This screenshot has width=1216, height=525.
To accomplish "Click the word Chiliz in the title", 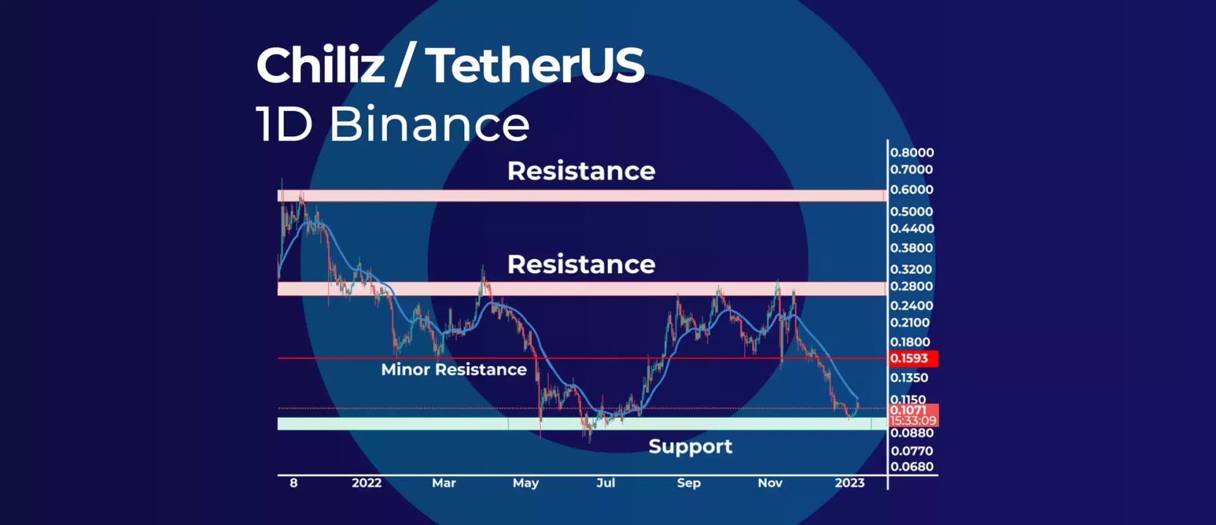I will (320, 65).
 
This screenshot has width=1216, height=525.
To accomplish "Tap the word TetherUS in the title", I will (535, 65).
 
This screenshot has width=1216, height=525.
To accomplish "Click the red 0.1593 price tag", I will (910, 358).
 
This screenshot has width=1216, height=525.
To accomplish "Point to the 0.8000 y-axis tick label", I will (911, 153).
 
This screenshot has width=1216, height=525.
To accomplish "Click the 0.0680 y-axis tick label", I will (911, 467).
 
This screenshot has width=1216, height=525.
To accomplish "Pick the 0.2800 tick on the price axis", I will (911, 286).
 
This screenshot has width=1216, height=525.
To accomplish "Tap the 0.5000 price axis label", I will (911, 212).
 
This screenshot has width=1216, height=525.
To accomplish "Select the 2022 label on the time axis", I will (366, 483).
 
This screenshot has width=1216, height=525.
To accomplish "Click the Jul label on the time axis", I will (605, 483).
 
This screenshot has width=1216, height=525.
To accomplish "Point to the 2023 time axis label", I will (849, 483).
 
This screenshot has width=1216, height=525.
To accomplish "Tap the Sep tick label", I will (688, 483).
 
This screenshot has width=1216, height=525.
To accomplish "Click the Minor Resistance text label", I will (453, 370).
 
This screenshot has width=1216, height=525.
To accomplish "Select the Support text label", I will (690, 446).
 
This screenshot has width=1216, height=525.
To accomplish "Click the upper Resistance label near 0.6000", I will (581, 171).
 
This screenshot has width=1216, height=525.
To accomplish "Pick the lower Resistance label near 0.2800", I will (581, 265).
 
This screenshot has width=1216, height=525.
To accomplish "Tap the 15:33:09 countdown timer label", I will (913, 421).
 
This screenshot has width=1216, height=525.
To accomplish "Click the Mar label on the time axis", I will (443, 483).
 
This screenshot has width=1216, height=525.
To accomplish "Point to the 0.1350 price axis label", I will (909, 378).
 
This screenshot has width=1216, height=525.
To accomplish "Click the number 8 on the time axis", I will (293, 483).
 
